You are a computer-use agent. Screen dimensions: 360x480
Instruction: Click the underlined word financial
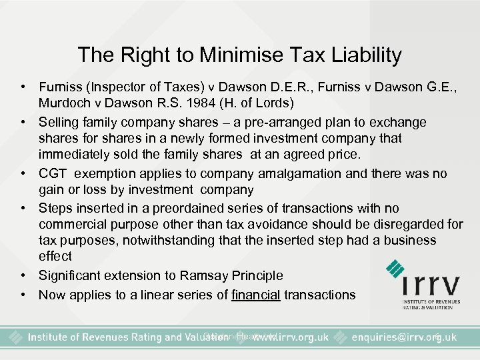[x=256, y=294]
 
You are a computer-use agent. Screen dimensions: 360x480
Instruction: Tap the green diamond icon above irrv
[x=397, y=269]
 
